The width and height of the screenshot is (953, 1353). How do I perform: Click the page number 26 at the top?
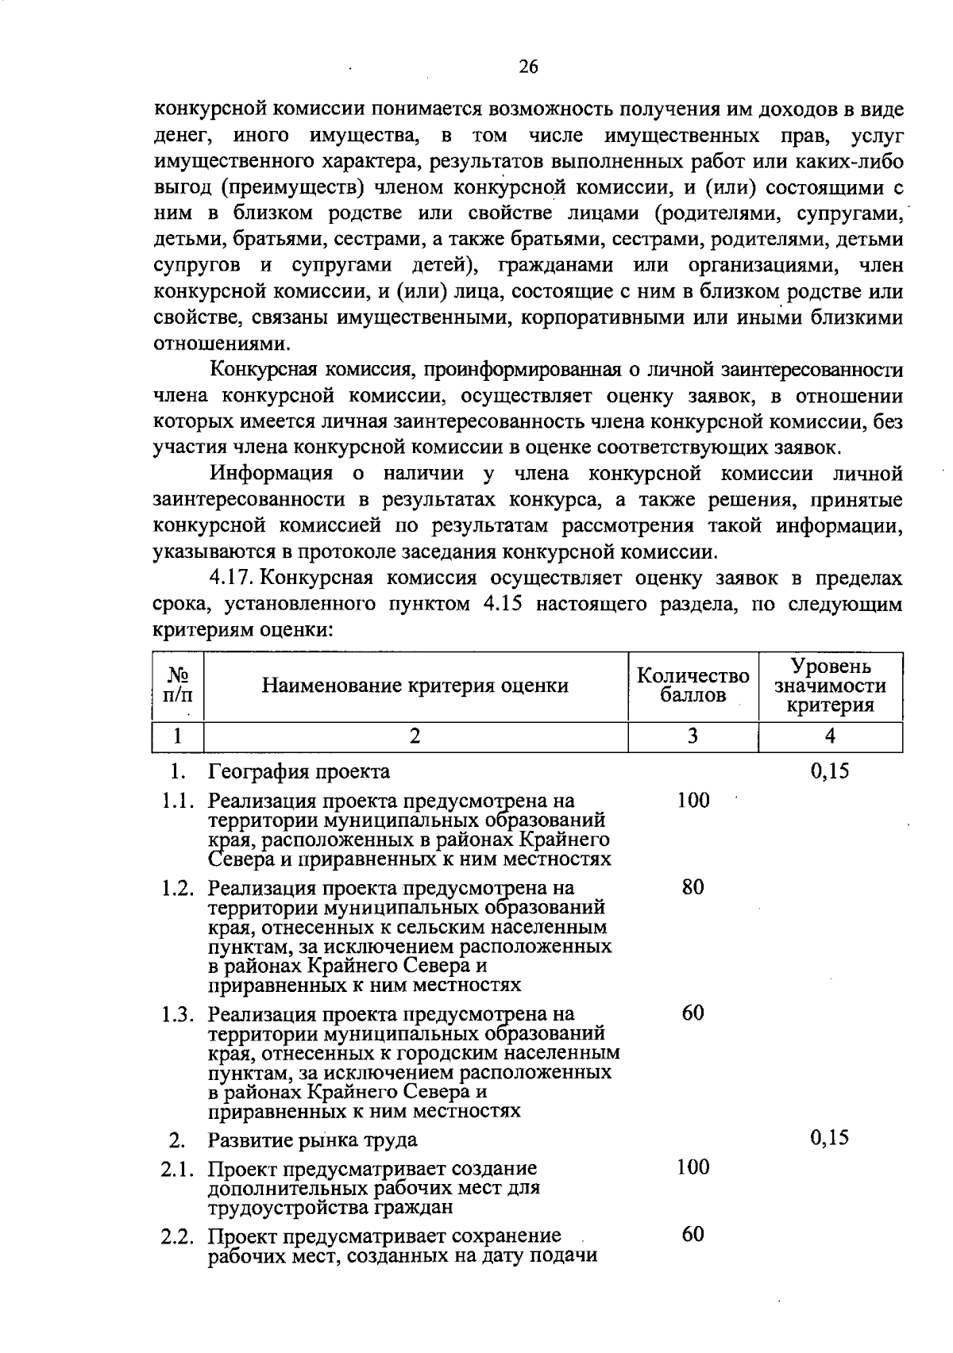tap(528, 67)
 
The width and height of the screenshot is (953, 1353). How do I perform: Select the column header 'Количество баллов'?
tap(693, 686)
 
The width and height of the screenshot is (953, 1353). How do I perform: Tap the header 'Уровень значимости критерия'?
tap(830, 686)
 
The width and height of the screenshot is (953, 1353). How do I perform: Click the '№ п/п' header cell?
tap(178, 686)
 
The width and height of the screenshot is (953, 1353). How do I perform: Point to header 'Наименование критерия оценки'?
tap(415, 686)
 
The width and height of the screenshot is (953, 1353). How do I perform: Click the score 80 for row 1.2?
tap(693, 887)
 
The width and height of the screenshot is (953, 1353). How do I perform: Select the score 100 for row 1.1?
tap(693, 801)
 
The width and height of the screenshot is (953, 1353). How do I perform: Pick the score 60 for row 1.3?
tap(693, 1013)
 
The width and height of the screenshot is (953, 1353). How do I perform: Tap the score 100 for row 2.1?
tap(693, 1167)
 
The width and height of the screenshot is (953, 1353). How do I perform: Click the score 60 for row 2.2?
tap(693, 1234)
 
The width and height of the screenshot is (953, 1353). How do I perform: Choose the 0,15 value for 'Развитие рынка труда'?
tap(830, 1139)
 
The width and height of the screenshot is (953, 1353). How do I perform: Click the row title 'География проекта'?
tap(299, 771)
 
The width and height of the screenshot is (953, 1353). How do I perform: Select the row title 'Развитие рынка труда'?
tap(312, 1140)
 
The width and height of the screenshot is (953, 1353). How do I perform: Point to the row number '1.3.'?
tap(179, 1015)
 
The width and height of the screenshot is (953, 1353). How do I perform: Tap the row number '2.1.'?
tap(179, 1169)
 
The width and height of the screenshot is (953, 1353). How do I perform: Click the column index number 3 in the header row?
tap(693, 736)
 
